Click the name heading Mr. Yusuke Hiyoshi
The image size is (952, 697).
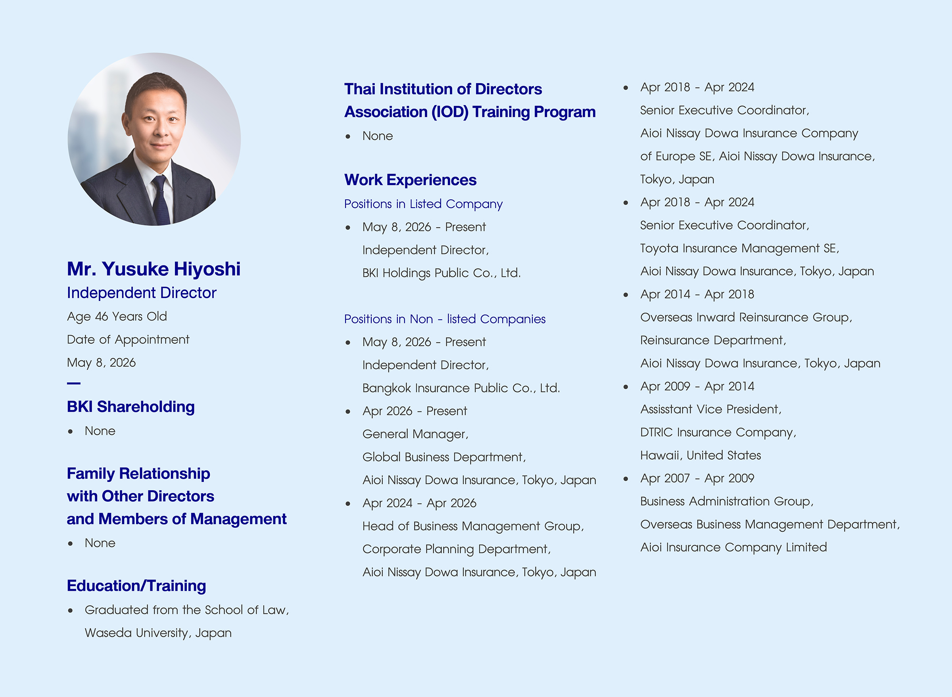(154, 269)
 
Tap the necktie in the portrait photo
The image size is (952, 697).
(161, 201)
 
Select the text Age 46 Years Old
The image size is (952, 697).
(117, 317)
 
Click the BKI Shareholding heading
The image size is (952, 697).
(131, 406)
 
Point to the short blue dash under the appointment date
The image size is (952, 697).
(73, 383)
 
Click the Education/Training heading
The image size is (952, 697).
(136, 586)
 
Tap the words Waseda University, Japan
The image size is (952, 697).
(158, 633)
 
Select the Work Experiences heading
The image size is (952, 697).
(411, 180)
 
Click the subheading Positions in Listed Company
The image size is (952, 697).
(424, 204)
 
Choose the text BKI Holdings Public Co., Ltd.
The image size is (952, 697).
(442, 273)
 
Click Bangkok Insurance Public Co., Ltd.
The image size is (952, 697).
(461, 388)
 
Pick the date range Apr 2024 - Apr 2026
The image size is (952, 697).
(419, 503)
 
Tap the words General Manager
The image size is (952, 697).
(416, 434)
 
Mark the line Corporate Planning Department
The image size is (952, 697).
(457, 549)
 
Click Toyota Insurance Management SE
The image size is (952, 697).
(739, 248)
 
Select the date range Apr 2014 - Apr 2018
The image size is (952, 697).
(697, 294)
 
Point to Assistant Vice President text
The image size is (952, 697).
(711, 409)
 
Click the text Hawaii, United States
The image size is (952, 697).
(701, 455)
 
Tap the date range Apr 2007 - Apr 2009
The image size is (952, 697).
(697, 478)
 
